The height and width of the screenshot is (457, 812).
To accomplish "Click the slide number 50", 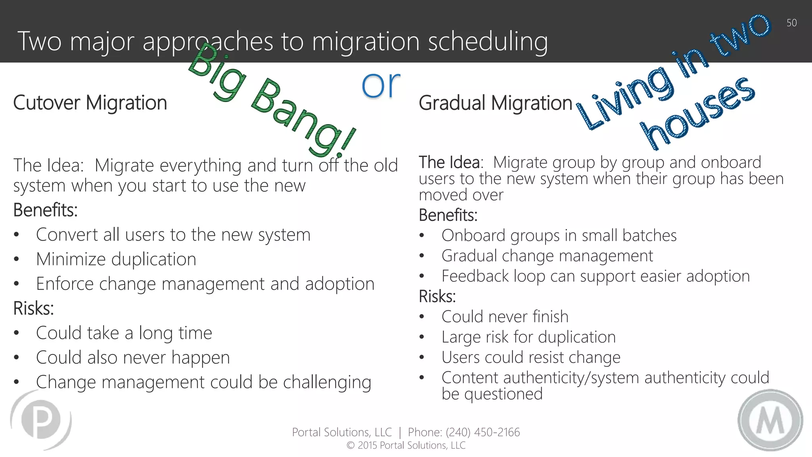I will click(791, 23).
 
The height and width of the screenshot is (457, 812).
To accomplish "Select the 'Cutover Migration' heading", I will click(90, 103).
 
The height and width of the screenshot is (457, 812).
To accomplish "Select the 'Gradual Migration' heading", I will click(495, 103).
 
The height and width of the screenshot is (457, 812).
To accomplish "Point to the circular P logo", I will click(41, 420).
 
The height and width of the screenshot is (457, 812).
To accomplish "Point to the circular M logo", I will click(770, 420).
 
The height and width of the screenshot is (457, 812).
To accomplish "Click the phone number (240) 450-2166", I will click(483, 432).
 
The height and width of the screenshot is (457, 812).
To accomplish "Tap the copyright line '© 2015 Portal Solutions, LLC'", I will click(406, 445).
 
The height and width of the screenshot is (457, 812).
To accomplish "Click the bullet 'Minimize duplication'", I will click(116, 259).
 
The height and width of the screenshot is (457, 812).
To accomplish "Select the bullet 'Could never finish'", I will click(505, 317).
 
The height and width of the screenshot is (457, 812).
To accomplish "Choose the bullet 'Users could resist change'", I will click(531, 357).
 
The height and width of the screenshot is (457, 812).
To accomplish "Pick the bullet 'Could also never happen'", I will click(133, 358).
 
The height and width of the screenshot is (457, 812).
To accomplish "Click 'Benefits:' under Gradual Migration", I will click(448, 215).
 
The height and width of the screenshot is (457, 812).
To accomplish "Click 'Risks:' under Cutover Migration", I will click(33, 308).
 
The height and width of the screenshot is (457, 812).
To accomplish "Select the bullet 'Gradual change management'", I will click(547, 256).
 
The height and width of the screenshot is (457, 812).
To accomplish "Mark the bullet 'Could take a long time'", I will click(124, 333).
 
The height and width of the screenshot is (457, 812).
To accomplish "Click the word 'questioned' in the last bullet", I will click(503, 394).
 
